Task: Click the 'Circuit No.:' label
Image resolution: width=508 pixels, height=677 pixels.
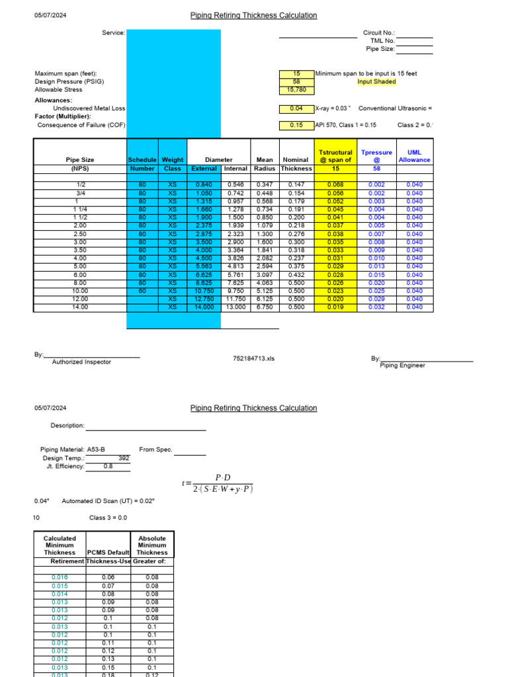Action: click(x=379, y=32)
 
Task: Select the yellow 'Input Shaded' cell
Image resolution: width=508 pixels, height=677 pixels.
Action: click(x=376, y=82)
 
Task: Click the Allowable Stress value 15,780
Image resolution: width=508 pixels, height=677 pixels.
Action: click(x=296, y=90)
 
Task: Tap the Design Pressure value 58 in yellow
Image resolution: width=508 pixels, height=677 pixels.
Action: click(x=296, y=82)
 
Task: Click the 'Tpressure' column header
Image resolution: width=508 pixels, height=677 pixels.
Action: click(x=376, y=153)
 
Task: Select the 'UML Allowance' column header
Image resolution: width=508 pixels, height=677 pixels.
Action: click(x=414, y=156)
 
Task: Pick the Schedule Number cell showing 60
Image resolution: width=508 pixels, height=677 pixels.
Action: click(x=141, y=291)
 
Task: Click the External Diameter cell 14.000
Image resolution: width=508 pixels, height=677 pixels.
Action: click(x=204, y=307)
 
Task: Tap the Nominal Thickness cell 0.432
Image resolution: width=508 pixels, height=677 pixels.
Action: click(x=296, y=275)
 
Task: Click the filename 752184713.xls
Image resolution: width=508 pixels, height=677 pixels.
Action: click(x=254, y=358)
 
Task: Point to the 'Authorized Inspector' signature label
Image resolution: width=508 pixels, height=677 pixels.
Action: click(x=81, y=362)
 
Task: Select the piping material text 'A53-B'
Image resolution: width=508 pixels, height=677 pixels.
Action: click(x=96, y=450)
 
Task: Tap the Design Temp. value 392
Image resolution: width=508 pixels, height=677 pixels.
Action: click(x=123, y=458)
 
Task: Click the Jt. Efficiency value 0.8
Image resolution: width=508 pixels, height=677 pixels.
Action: click(x=108, y=466)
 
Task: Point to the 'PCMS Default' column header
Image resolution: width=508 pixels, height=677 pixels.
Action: click(x=108, y=552)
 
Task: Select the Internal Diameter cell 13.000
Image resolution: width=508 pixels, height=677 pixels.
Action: click(x=235, y=307)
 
